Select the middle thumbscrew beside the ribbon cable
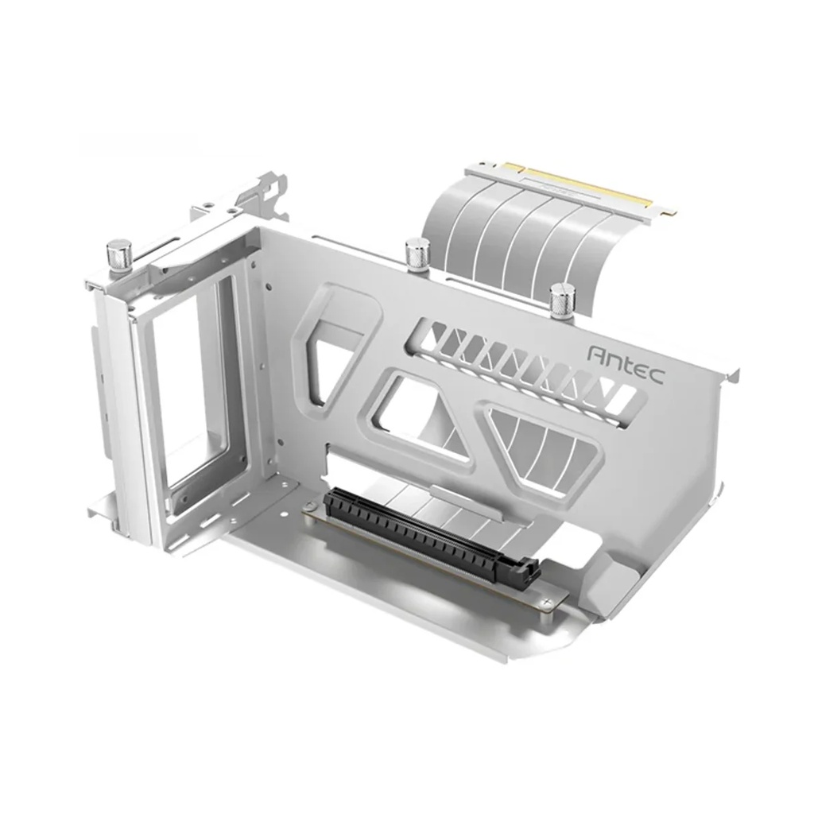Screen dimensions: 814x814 pos(417,254)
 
